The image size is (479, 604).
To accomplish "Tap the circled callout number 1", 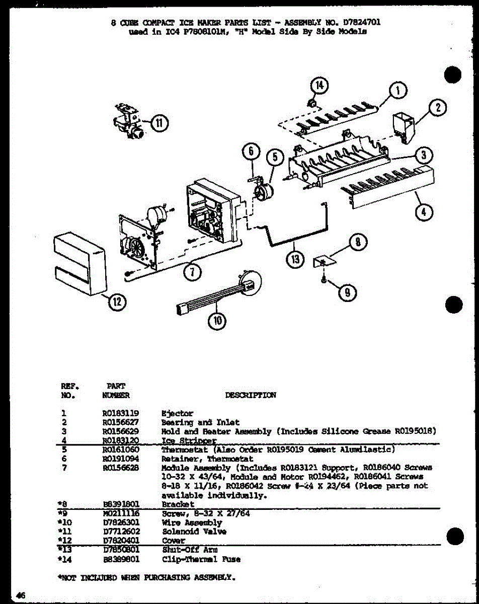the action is [x=397, y=91].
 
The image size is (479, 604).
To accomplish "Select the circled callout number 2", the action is [x=438, y=107].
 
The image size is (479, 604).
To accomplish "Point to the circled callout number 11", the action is [x=159, y=122].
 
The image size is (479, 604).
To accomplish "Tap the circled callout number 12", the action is [x=117, y=302].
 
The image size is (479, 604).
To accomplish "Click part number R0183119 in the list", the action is [x=120, y=413].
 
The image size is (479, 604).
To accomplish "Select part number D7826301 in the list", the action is [x=120, y=523].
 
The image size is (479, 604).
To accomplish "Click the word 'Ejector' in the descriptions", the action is [x=177, y=413].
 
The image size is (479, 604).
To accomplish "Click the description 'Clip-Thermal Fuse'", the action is [x=201, y=559].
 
